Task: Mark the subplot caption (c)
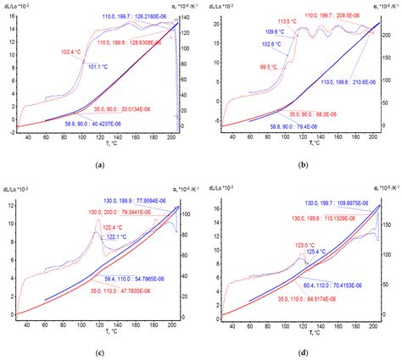coord(100,348)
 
